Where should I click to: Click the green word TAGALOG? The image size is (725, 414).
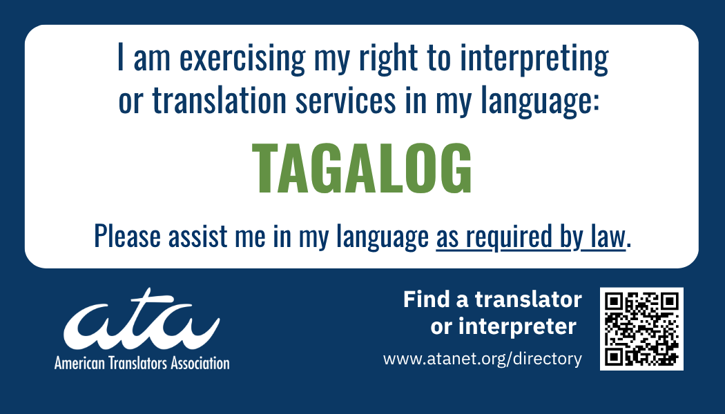(x=362, y=168)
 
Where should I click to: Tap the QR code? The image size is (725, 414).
(x=641, y=328)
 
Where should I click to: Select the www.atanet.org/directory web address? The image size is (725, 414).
(x=482, y=359)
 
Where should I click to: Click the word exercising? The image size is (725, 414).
(x=242, y=59)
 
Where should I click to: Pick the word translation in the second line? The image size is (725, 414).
(x=219, y=100)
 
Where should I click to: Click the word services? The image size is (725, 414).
(x=346, y=100)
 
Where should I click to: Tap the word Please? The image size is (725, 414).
(x=127, y=236)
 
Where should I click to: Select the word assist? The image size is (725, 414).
(x=198, y=236)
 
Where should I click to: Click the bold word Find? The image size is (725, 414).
(x=426, y=299)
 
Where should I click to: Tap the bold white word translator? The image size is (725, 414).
(x=528, y=299)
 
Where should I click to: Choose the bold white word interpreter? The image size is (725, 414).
(x=517, y=327)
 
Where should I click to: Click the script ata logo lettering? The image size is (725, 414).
(x=142, y=319)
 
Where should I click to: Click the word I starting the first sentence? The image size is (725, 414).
(x=121, y=57)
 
